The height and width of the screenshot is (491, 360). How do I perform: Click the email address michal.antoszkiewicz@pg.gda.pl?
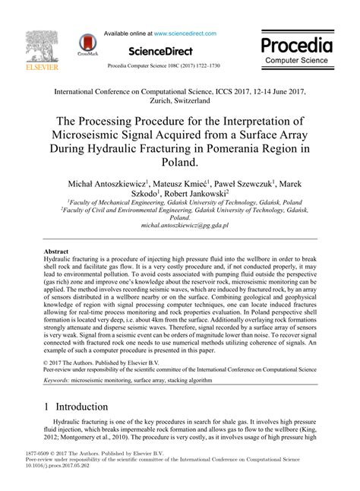[180, 226]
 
